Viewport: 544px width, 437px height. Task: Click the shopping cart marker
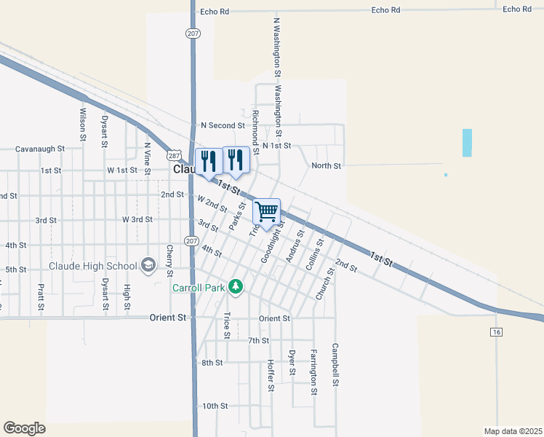pyautogui.click(x=267, y=212)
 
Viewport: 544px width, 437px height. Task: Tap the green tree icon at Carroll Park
pyautogui.click(x=235, y=287)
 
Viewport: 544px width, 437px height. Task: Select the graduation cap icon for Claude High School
pyautogui.click(x=148, y=264)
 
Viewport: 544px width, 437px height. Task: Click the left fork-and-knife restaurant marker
pyautogui.click(x=209, y=162)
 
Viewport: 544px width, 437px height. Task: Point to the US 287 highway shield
pyautogui.click(x=173, y=155)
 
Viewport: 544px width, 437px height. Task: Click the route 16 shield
pyautogui.click(x=496, y=332)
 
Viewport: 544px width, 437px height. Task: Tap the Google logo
pyautogui.click(x=24, y=428)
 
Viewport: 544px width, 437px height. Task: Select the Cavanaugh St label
pyautogui.click(x=41, y=149)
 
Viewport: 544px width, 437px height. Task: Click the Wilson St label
pyautogui.click(x=83, y=125)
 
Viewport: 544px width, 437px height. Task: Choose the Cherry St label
pyautogui.click(x=169, y=257)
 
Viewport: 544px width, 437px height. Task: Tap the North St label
pyautogui.click(x=326, y=166)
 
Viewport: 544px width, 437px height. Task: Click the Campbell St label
pyautogui.click(x=335, y=365)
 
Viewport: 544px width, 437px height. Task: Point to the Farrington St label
pyautogui.click(x=314, y=371)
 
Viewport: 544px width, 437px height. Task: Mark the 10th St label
pyautogui.click(x=215, y=406)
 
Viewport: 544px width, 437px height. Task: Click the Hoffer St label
pyautogui.click(x=270, y=376)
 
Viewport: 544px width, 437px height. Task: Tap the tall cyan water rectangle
pyautogui.click(x=467, y=143)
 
